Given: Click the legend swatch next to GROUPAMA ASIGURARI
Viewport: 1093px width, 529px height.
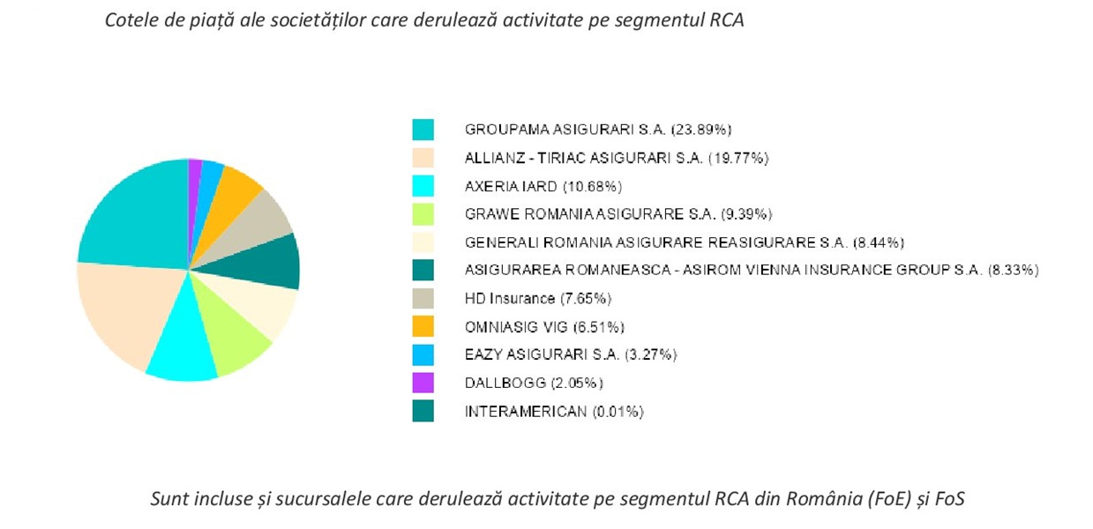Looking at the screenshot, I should [423, 130].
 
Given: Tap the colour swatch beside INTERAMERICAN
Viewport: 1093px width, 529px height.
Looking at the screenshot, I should [423, 411].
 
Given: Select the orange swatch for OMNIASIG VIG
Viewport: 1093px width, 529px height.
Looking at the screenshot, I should [423, 326].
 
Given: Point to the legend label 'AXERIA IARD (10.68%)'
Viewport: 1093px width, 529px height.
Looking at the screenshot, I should [544, 186].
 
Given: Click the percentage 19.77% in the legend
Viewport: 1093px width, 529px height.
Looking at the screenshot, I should [739, 158].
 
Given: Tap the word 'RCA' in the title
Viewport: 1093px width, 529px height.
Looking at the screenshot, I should [726, 21].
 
